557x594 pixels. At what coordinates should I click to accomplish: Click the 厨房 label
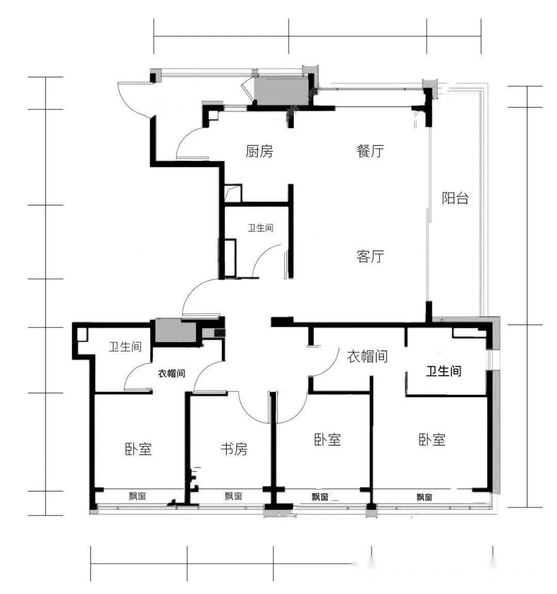coord(259,151)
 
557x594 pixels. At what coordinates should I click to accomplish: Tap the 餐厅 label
coord(370,151)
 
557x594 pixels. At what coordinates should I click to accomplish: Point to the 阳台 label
coord(455,198)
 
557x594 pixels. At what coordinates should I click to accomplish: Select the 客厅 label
coord(370,256)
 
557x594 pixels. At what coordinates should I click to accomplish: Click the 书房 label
coord(234,449)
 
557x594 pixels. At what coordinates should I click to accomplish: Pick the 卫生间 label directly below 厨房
coord(260,227)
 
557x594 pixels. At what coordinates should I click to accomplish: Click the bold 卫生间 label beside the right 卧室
coord(444,371)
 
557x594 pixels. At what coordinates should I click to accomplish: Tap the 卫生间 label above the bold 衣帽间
coord(125,346)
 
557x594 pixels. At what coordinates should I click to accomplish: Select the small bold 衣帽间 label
coord(171,373)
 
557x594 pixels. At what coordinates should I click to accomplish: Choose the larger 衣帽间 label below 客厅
coord(367,356)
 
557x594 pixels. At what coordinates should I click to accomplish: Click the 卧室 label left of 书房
coord(138,449)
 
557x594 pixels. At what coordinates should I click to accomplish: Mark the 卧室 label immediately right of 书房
coord(327,439)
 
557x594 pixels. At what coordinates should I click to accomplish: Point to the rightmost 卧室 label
coord(432,439)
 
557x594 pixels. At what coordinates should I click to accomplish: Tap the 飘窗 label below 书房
coord(234,496)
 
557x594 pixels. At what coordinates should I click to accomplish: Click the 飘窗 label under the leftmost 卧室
coord(138,496)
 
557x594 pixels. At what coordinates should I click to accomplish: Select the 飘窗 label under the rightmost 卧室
coord(424,497)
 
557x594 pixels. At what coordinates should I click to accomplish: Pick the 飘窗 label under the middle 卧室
coord(320,497)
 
